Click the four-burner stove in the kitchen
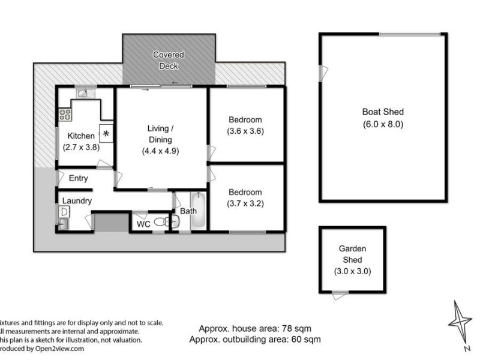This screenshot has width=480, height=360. (x=64, y=114)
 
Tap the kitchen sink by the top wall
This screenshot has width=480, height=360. (x=84, y=93)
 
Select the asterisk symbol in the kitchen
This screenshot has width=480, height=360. (x=107, y=133)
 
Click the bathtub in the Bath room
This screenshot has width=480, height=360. (x=198, y=211)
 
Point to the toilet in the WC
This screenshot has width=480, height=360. (x=161, y=222)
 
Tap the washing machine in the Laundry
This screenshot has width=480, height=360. (x=64, y=212)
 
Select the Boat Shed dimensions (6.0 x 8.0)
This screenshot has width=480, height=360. (x=383, y=125)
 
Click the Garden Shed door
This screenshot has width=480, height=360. (x=340, y=293)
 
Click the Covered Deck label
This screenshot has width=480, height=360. (x=168, y=60)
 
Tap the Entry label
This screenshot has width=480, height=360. (x=78, y=178)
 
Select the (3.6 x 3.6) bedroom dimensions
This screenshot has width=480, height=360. (x=245, y=131)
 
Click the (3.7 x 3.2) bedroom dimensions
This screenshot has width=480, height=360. (x=245, y=203)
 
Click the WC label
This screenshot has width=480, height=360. (x=143, y=224)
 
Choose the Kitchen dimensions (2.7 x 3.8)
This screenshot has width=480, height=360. (x=81, y=146)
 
